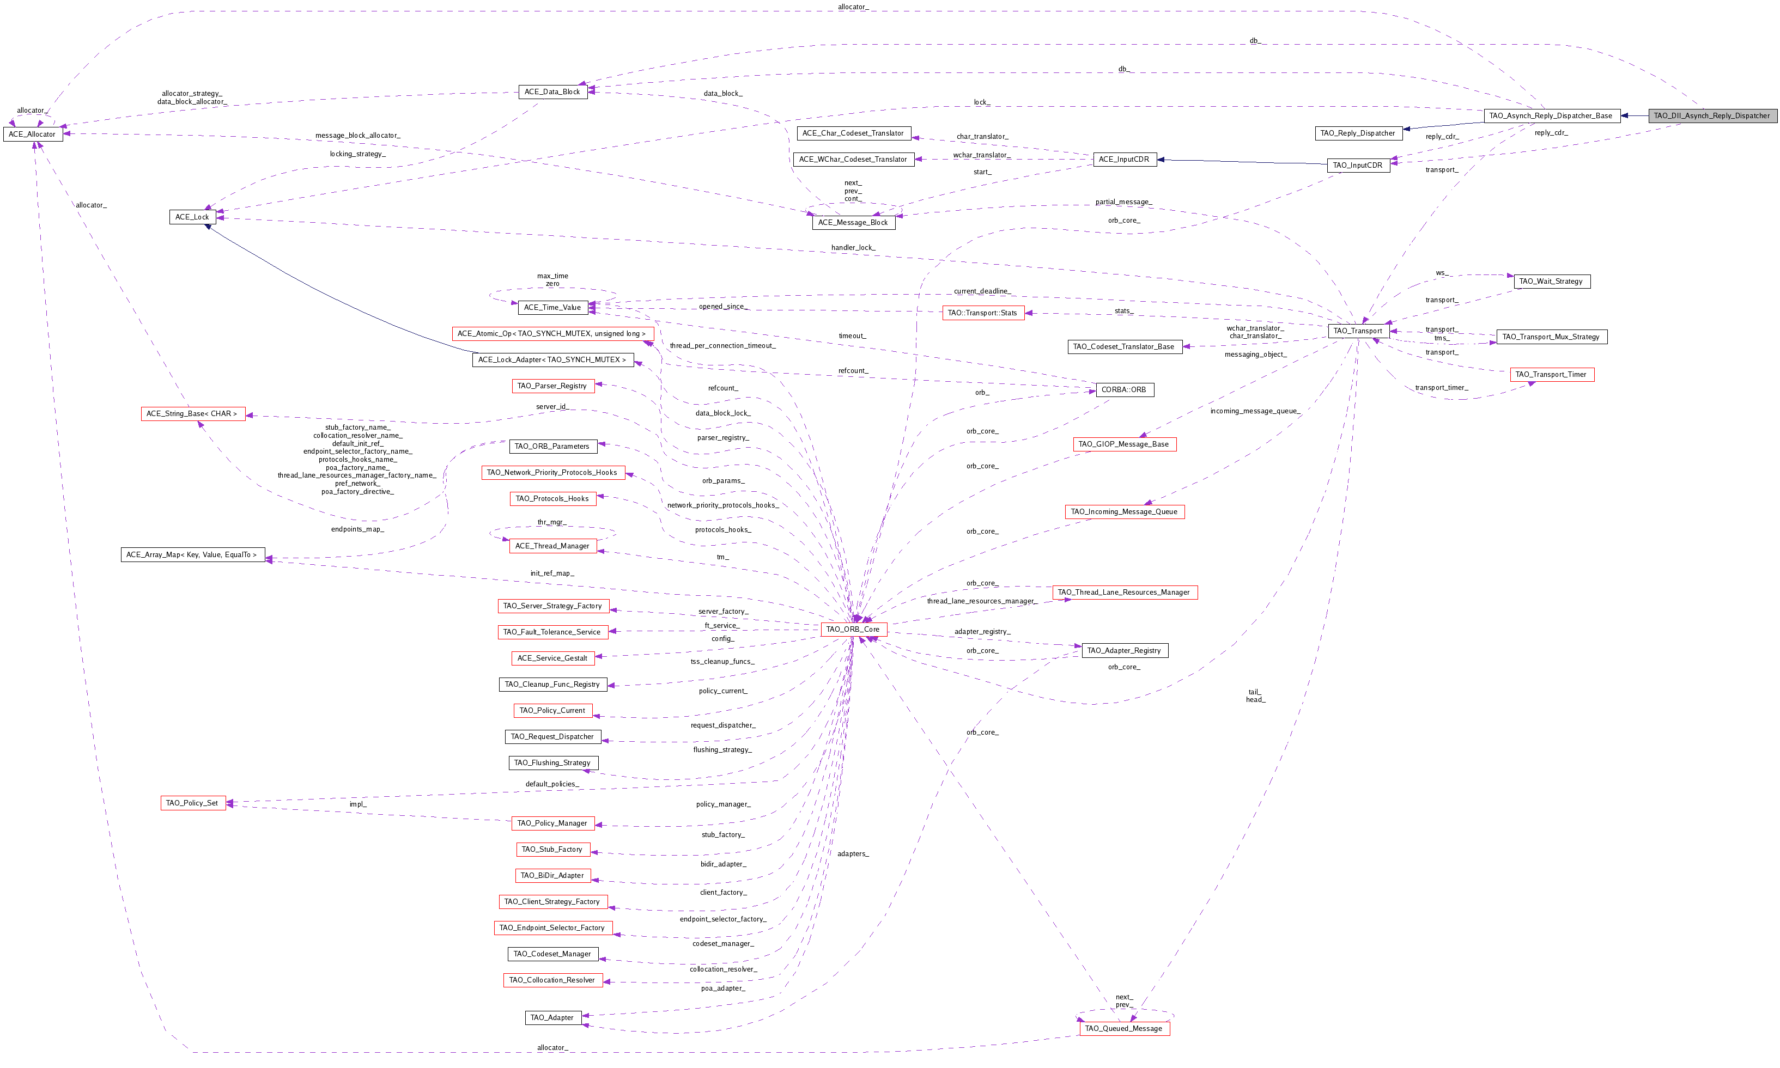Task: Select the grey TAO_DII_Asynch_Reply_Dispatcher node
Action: coord(1711,116)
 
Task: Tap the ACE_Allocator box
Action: coord(32,135)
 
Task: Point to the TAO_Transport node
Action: coord(1358,331)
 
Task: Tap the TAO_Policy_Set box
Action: coord(192,803)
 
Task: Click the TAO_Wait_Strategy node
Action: coord(1551,282)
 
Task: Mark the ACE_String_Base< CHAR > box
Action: coord(192,414)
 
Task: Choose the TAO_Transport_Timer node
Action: coord(1551,374)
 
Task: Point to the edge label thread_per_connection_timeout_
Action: coord(722,345)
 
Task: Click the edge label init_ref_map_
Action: coord(552,573)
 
